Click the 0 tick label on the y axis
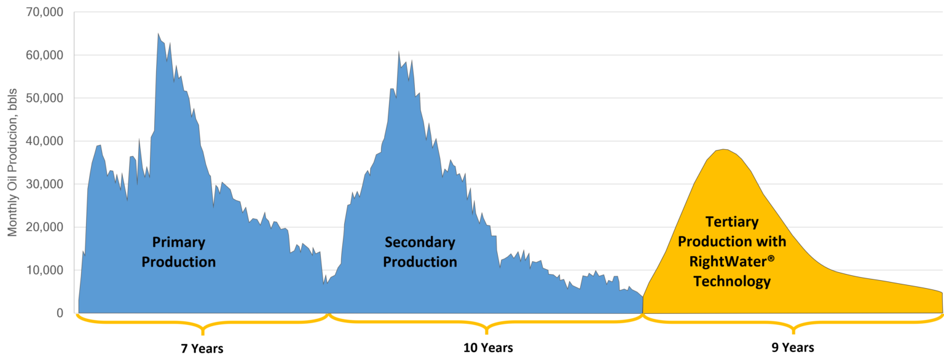pyautogui.click(x=60, y=313)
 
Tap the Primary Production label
pyautogui.click(x=179, y=252)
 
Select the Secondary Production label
pyautogui.click(x=420, y=252)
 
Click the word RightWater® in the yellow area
pyautogui.click(x=731, y=261)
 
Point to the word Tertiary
pyautogui.click(x=731, y=221)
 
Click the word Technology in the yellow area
pyautogui.click(x=731, y=281)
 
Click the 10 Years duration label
pyautogui.click(x=487, y=348)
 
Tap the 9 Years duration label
pyautogui.click(x=793, y=348)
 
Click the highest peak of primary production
pyautogui.click(x=158, y=34)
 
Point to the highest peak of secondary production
pyautogui.click(x=399, y=52)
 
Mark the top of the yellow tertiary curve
pyautogui.click(x=725, y=149)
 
